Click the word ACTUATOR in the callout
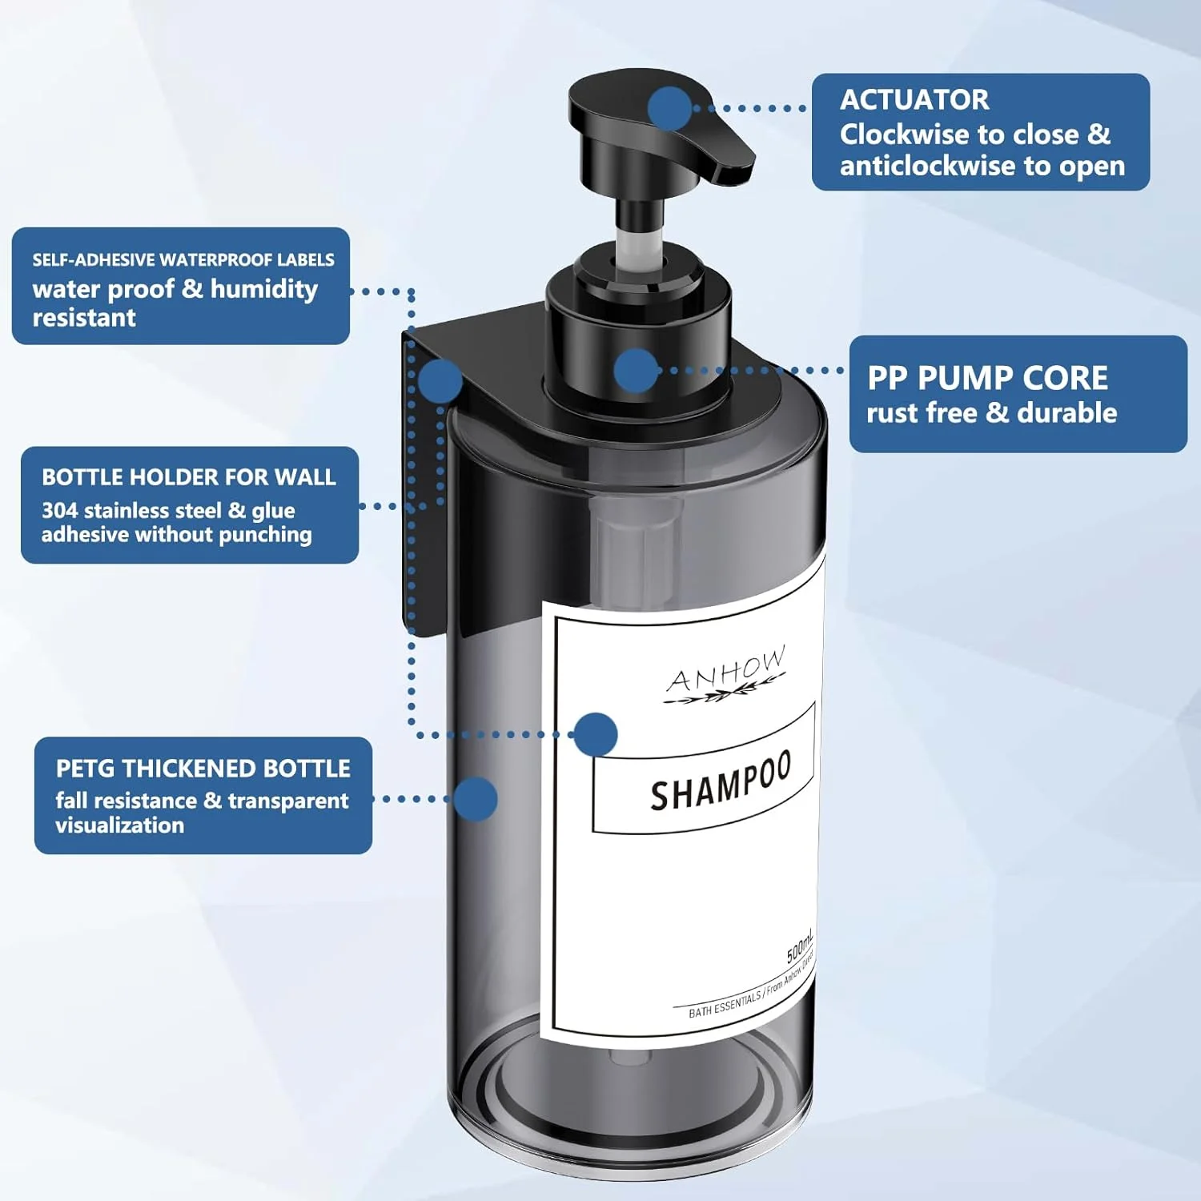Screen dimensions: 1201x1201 click(x=914, y=99)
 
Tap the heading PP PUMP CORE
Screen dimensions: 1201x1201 click(x=988, y=378)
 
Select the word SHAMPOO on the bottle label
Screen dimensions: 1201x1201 click(x=721, y=781)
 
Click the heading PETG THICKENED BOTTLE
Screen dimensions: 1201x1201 click(x=203, y=769)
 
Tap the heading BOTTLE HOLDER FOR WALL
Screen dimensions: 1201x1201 click(x=189, y=477)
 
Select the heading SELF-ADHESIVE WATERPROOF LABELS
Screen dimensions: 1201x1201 click(x=183, y=259)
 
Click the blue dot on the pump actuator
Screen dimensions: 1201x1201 click(x=669, y=108)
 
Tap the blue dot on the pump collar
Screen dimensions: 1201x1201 click(x=637, y=371)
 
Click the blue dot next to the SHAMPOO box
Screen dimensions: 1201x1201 click(x=596, y=734)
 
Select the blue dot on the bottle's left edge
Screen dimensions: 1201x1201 click(x=476, y=798)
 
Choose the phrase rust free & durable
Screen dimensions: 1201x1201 click(x=992, y=413)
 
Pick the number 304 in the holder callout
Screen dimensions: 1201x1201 click(x=60, y=510)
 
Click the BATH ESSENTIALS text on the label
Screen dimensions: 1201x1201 click(x=725, y=1004)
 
